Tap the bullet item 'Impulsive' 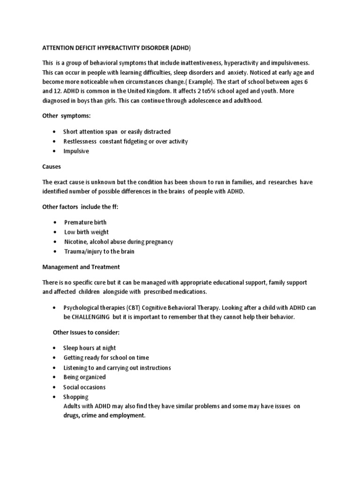click(x=76, y=151)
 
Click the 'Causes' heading click(x=52, y=166)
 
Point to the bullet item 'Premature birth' click(x=85, y=222)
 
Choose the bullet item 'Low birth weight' click(x=86, y=232)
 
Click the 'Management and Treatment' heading click(x=81, y=267)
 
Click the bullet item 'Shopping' click(x=76, y=397)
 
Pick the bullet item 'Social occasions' click(x=84, y=387)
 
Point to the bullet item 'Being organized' click(x=84, y=377)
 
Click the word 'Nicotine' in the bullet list click(x=76, y=242)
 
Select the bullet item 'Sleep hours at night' click(x=90, y=348)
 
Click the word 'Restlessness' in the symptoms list click(x=80, y=141)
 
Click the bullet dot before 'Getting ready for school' click(x=55, y=358)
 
